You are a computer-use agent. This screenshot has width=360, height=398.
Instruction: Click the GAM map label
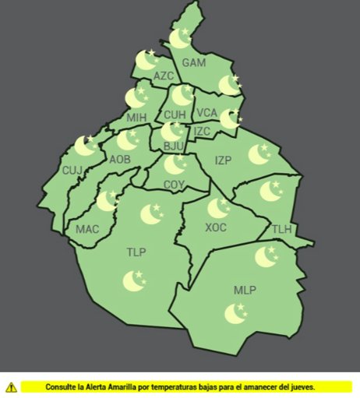pyautogui.click(x=194, y=62)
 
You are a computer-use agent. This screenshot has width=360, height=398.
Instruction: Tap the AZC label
pyautogui.click(x=164, y=76)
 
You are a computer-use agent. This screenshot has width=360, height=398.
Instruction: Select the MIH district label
pyautogui.click(x=136, y=118)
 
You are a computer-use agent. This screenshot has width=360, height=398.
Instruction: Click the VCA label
pyautogui.click(x=206, y=114)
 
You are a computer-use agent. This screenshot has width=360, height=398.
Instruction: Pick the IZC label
pyautogui.click(x=203, y=131)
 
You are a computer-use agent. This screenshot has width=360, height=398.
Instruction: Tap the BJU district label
pyautogui.click(x=171, y=146)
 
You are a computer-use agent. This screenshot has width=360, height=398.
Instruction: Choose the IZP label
pyautogui.click(x=224, y=160)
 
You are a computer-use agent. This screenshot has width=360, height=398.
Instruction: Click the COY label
pyautogui.click(x=175, y=185)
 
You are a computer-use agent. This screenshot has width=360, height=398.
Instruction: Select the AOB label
pyautogui.click(x=120, y=159)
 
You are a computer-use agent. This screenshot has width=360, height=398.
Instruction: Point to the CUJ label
pyautogui.click(x=72, y=170)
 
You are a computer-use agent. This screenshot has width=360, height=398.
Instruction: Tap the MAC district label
pyautogui.click(x=86, y=230)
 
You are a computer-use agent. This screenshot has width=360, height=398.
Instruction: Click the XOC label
pyautogui.click(x=216, y=227)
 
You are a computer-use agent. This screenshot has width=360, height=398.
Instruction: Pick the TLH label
pyautogui.click(x=281, y=229)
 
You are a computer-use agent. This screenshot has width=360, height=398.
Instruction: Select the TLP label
pyautogui.click(x=136, y=252)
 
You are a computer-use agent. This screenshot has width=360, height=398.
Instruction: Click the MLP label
pyautogui.click(x=245, y=291)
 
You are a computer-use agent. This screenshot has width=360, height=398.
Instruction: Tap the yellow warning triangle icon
pyautogui.click(x=11, y=386)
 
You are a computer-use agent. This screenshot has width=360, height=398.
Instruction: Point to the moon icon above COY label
pyautogui.click(x=175, y=165)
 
